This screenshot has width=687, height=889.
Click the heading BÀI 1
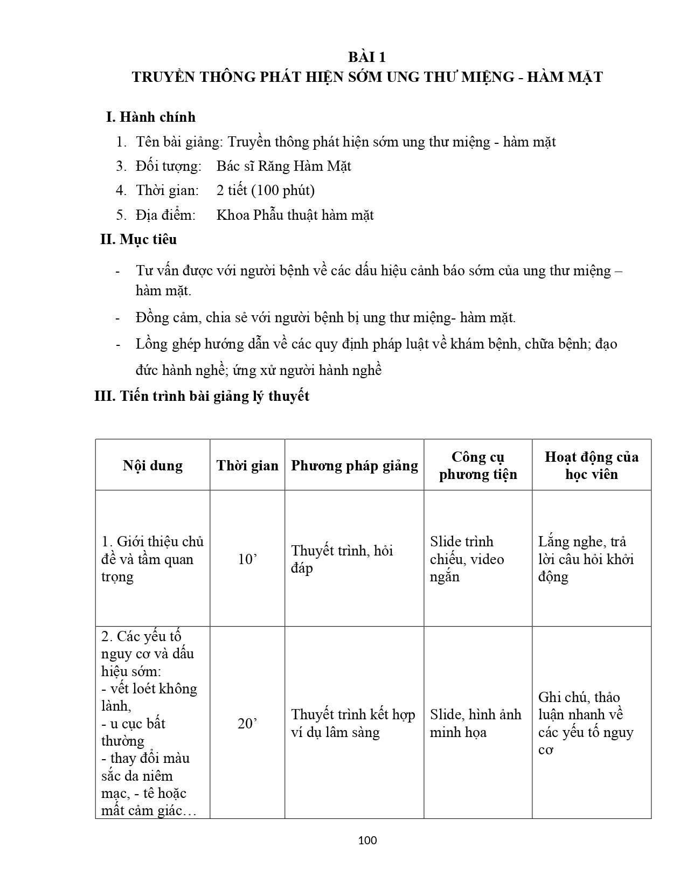(x=367, y=58)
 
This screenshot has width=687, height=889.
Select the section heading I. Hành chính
(x=151, y=117)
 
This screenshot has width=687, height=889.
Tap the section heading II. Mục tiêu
(x=138, y=239)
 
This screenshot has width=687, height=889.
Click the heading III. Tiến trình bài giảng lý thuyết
(x=202, y=396)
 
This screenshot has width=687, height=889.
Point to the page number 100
(x=367, y=840)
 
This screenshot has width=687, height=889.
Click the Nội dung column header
(x=152, y=466)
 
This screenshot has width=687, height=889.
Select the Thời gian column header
(x=247, y=466)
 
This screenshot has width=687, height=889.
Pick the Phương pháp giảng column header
(x=355, y=466)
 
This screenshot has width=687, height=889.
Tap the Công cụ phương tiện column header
(x=478, y=466)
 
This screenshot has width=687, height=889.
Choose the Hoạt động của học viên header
(x=592, y=466)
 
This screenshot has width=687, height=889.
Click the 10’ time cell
(x=247, y=559)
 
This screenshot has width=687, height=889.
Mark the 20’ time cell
(x=247, y=724)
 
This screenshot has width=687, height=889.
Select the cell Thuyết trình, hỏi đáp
(x=342, y=559)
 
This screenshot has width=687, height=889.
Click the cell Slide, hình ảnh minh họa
(x=475, y=724)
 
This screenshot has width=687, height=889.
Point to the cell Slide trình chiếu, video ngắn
(x=467, y=559)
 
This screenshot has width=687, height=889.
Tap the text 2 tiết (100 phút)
(x=266, y=190)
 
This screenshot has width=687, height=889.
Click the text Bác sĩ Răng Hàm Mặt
(x=283, y=166)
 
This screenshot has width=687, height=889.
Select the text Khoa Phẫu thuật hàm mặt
(x=295, y=215)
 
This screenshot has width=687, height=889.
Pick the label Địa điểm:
(x=165, y=215)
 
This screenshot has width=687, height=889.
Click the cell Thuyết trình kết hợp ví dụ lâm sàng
(x=353, y=724)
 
